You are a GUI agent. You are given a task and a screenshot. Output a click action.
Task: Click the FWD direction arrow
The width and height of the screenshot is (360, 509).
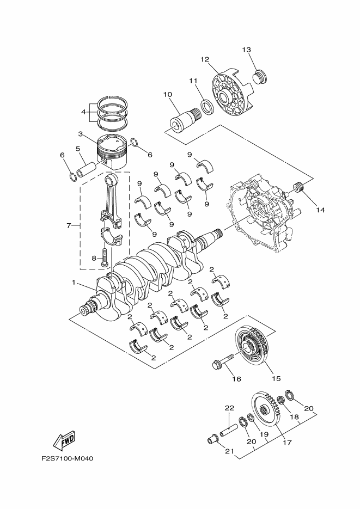[x=64, y=441]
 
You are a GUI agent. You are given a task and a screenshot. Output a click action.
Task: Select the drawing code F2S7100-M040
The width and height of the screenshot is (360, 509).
[x=68, y=459]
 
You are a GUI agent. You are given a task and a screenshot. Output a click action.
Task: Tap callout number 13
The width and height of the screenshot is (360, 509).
[x=246, y=50]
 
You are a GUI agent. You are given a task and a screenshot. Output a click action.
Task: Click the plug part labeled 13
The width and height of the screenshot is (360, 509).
[x=260, y=77]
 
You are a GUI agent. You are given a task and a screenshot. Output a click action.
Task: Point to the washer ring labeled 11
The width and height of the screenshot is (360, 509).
[x=208, y=107]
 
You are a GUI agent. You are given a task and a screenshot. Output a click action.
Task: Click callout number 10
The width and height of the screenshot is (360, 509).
[x=168, y=95]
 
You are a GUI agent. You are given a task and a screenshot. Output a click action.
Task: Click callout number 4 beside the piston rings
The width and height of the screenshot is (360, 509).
[x=83, y=112]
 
